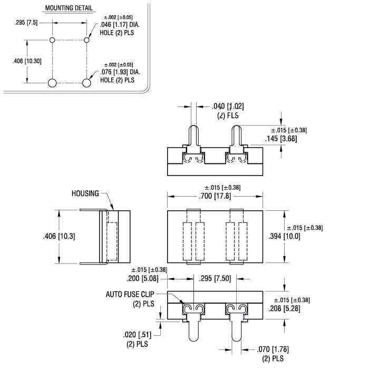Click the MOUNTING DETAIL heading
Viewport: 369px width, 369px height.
point(69,8)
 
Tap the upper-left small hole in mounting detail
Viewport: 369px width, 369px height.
point(52,40)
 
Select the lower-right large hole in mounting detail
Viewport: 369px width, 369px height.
point(86,83)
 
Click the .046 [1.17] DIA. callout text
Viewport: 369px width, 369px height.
point(120,25)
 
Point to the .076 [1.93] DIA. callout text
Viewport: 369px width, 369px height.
point(120,72)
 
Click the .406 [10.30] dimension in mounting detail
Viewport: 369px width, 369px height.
point(27,61)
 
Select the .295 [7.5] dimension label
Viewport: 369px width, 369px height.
point(26,23)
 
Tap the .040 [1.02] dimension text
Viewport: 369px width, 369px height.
point(228,106)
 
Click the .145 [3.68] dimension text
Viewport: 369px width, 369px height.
point(281,139)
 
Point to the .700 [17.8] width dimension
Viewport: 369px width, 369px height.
point(215,196)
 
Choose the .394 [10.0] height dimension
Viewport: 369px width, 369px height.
point(284,236)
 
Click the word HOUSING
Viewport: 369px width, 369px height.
point(85,193)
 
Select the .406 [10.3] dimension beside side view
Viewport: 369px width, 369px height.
point(59,236)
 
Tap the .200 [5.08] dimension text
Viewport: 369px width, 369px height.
point(142,279)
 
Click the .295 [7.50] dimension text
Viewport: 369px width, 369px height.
point(215,279)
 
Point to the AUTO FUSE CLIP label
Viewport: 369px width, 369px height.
point(130,294)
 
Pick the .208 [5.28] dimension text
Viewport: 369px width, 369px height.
point(284,308)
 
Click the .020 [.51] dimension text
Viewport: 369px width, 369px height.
point(137,335)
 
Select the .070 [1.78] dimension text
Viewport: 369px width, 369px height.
point(273,349)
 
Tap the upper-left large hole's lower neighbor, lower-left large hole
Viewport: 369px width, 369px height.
point(52,83)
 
